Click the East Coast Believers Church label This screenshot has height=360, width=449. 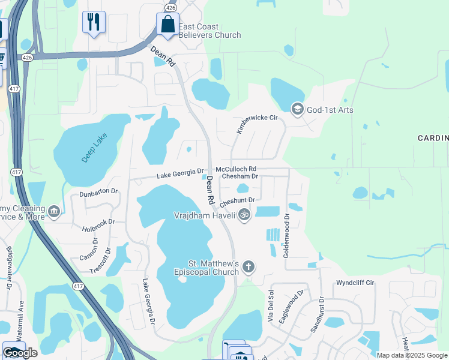(x=210, y=31)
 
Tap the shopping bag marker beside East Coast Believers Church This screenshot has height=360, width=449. (x=167, y=25)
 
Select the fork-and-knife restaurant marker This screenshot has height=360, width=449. (x=94, y=22)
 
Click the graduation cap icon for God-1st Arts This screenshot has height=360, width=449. (x=297, y=109)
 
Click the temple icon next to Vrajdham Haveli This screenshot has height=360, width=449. (x=244, y=214)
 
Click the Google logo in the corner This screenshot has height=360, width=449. (x=20, y=353)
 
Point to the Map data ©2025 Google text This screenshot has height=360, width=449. (x=412, y=355)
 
